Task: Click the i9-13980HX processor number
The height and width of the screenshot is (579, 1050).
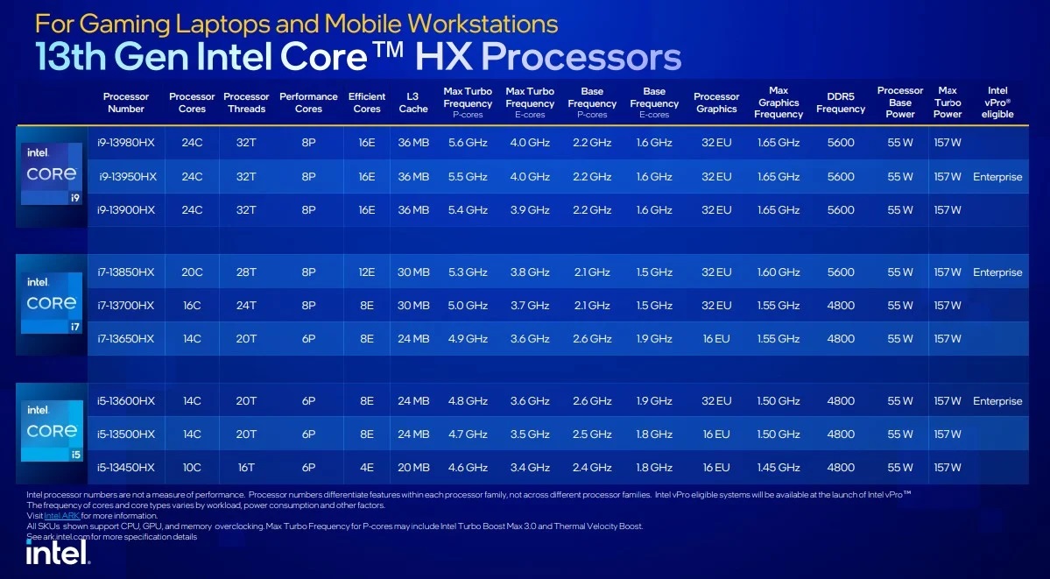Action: [127, 143]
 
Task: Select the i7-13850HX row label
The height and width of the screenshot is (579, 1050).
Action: [127, 272]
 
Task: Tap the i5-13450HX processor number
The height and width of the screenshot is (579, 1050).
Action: [127, 468]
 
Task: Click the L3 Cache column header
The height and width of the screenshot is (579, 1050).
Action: [413, 102]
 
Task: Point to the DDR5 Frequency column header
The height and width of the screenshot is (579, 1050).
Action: [840, 102]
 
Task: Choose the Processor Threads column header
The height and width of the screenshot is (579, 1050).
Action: [246, 102]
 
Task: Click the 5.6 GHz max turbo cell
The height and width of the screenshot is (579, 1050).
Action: [468, 143]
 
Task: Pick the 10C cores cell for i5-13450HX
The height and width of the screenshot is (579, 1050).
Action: [192, 468]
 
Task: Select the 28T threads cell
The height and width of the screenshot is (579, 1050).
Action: [246, 272]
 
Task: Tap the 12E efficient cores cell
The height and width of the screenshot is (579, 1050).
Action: [366, 272]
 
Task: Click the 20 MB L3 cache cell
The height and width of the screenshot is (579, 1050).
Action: [413, 468]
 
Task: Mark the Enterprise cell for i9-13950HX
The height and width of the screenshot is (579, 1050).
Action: [997, 177]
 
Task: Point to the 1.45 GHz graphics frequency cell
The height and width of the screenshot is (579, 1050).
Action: [779, 468]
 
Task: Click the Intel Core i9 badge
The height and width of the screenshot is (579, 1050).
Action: [52, 174]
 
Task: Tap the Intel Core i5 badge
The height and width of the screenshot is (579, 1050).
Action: [52, 431]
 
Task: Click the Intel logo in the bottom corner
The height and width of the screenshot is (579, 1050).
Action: [58, 552]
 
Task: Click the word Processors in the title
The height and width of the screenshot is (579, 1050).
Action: [581, 57]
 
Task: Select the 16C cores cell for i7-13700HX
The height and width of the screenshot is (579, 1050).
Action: [192, 306]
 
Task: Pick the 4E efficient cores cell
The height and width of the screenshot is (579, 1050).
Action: [366, 468]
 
